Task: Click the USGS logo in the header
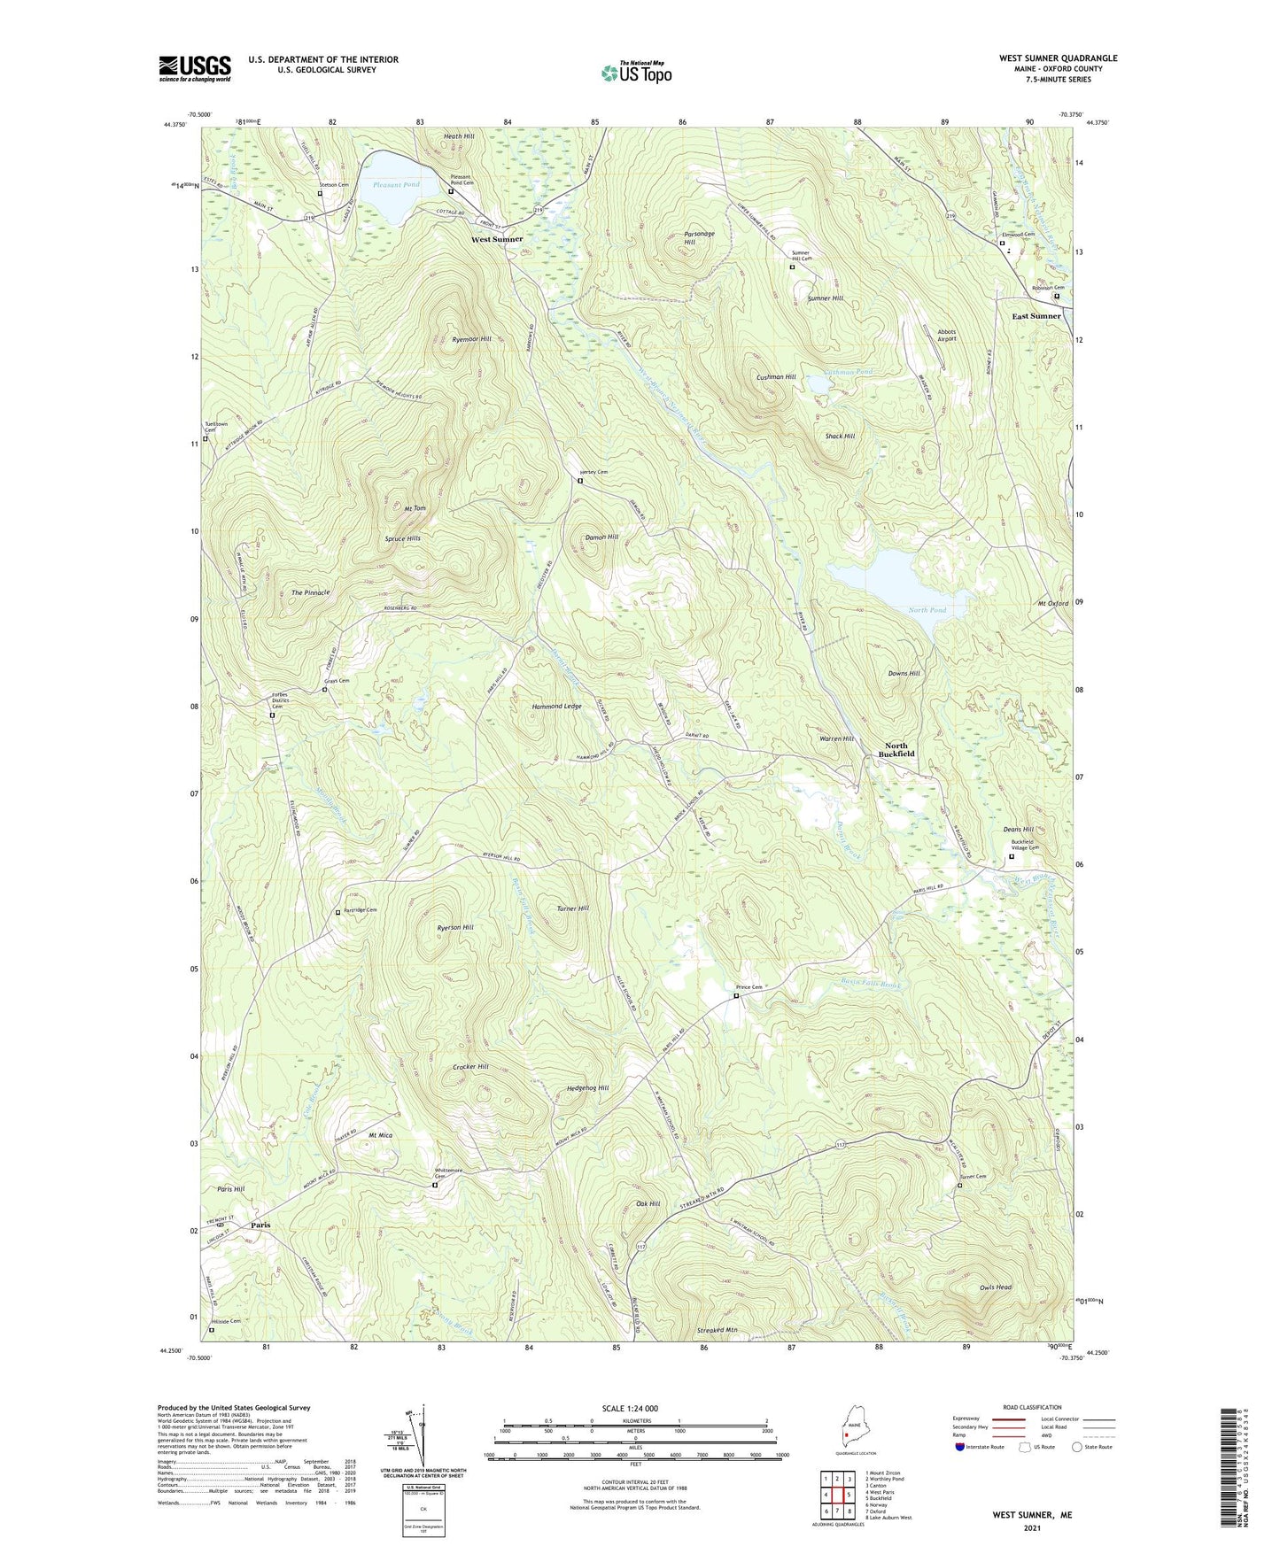pyautogui.click(x=195, y=68)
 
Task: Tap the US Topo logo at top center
pyautogui.click(x=635, y=73)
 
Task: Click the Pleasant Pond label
pyautogui.click(x=396, y=184)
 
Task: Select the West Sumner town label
pyautogui.click(x=496, y=239)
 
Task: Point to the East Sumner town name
pyautogui.click(x=1036, y=316)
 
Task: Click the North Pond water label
pyautogui.click(x=927, y=610)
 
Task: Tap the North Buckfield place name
pyautogui.click(x=896, y=750)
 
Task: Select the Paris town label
pyautogui.click(x=260, y=1225)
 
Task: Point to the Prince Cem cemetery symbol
pyautogui.click(x=736, y=995)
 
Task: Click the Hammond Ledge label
pyautogui.click(x=556, y=707)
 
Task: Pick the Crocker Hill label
pyautogui.click(x=470, y=1067)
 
